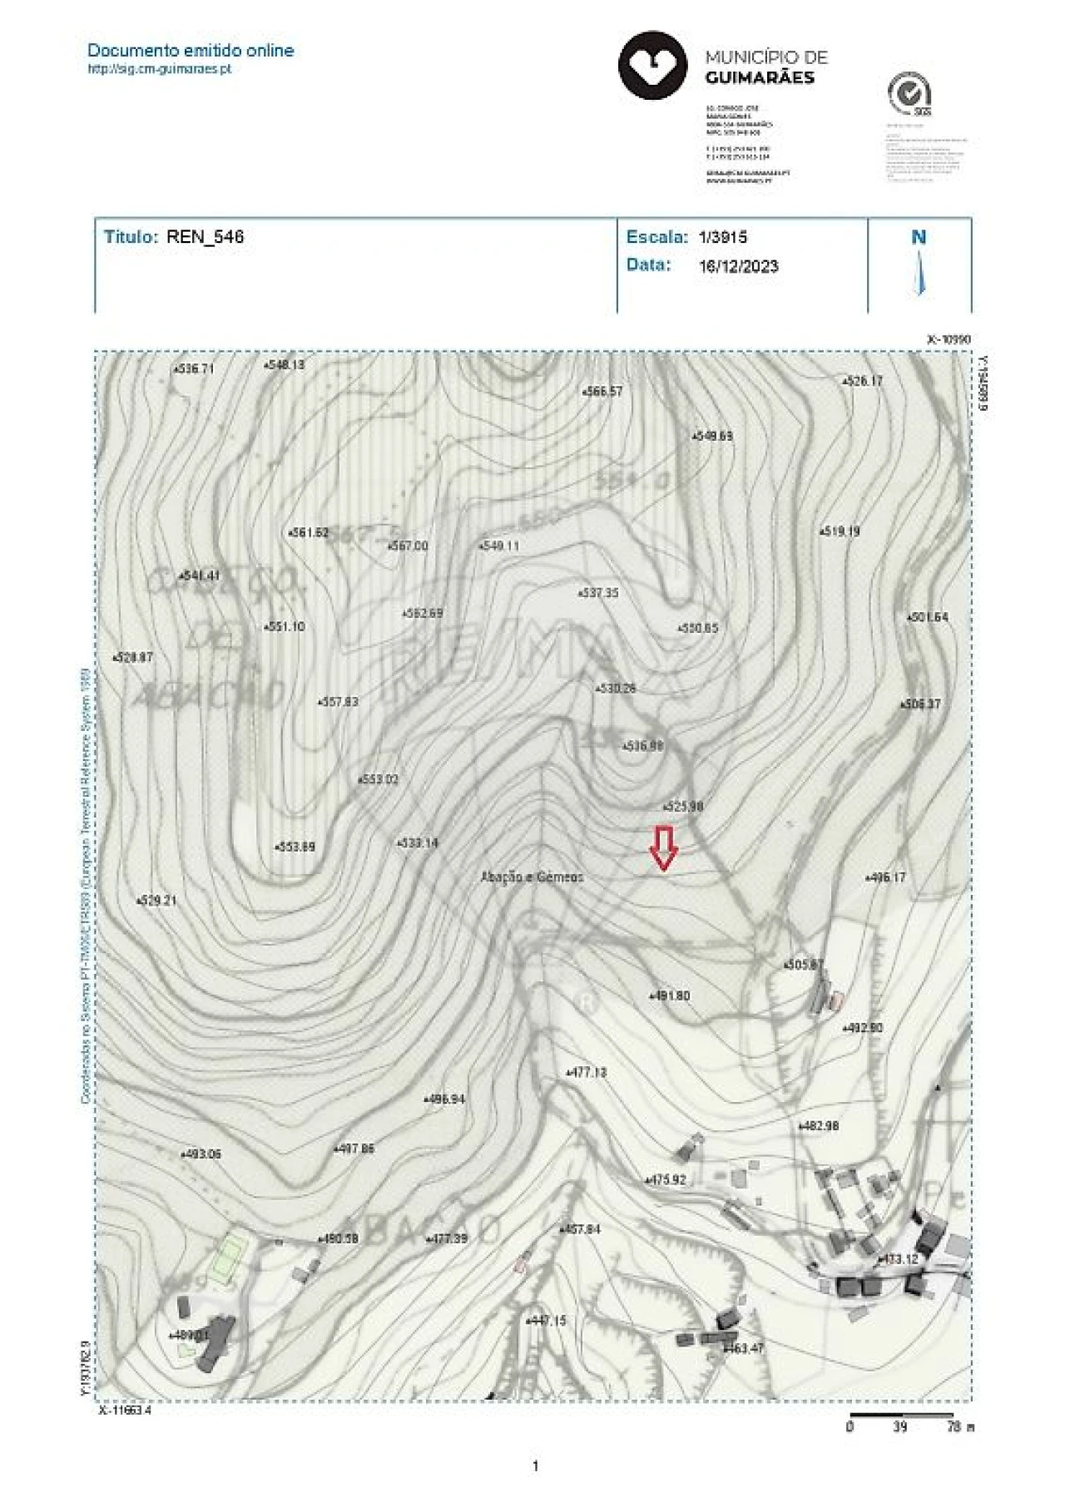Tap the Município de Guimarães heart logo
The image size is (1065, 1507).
[x=652, y=66]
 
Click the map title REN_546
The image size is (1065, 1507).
[x=205, y=237]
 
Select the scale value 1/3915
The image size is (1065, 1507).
[x=722, y=237]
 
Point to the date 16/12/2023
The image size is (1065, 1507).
[x=738, y=266]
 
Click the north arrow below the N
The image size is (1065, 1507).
[x=919, y=273]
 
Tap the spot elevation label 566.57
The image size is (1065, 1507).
[x=602, y=391]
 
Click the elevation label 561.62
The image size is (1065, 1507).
[x=309, y=532]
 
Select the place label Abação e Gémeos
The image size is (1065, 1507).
[x=532, y=877]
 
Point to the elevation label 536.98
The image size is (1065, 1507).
[x=643, y=746]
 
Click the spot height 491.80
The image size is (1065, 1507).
[x=670, y=996]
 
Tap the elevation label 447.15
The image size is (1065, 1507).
[x=547, y=1320]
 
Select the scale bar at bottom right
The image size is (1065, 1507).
[x=901, y=1414]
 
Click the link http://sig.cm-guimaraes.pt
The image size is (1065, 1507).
[x=159, y=69]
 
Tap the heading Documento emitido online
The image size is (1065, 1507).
[x=191, y=50]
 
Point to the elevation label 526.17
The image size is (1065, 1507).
[x=863, y=381]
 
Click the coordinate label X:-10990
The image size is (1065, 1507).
[x=949, y=339]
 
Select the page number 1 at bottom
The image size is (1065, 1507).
[x=535, y=1465]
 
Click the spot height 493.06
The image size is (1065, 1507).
[x=201, y=1154]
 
